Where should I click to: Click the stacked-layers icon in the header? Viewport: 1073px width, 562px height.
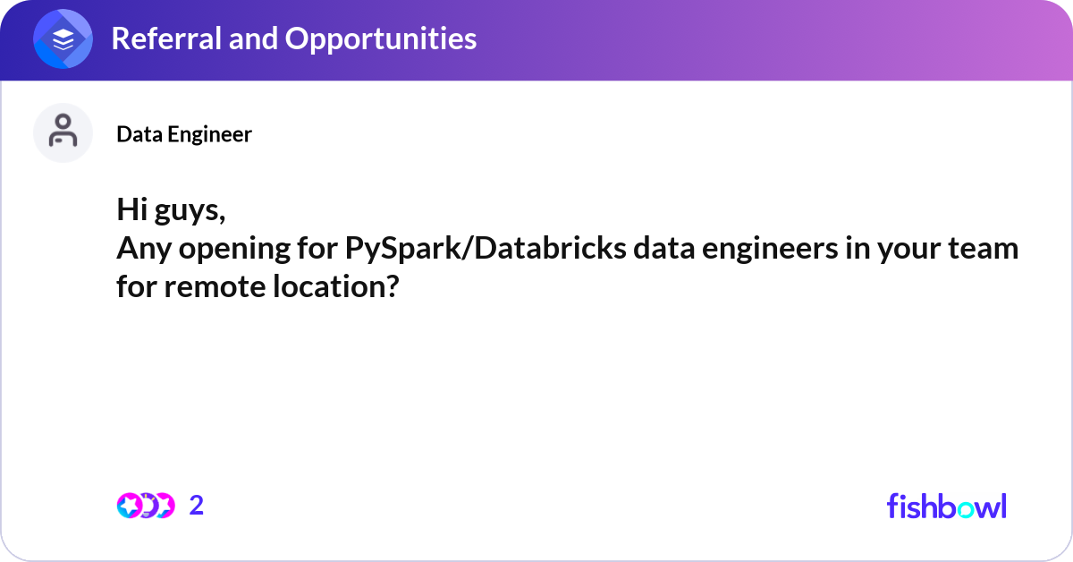[63, 38]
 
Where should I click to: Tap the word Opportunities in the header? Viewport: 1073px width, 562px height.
[381, 39]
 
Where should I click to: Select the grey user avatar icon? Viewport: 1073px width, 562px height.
[63, 132]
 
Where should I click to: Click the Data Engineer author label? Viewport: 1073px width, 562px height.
[184, 134]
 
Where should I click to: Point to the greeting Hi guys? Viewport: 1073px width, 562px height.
[171, 210]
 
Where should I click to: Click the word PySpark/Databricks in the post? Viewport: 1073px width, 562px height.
[486, 250]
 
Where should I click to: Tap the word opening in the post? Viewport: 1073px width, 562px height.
[234, 250]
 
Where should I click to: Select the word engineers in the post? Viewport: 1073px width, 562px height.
[770, 250]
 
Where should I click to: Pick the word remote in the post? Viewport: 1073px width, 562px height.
[215, 287]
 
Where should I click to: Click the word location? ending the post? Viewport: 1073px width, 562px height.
[336, 286]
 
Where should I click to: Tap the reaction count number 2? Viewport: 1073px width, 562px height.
[197, 506]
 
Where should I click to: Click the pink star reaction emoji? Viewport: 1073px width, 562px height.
[129, 506]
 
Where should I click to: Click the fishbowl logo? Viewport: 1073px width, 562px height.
[947, 506]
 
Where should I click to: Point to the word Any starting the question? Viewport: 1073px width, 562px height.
[144, 250]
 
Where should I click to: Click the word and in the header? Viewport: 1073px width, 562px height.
[253, 38]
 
